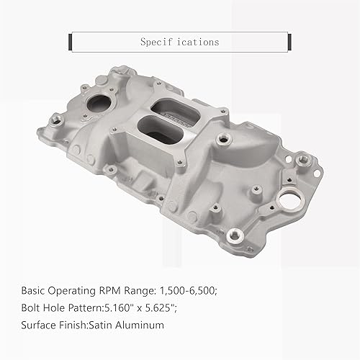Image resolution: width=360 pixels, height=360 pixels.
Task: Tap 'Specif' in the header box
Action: [156, 42]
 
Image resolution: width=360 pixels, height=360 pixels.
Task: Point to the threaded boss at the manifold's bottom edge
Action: [233, 235]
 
